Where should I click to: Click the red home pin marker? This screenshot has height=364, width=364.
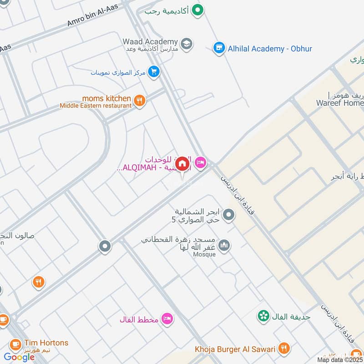pyautogui.click(x=182, y=163)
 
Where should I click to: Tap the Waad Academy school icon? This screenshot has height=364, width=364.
pyautogui.click(x=186, y=44)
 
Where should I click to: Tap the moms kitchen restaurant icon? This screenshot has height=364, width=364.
pyautogui.click(x=140, y=101)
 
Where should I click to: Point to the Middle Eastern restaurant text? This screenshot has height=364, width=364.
pyautogui.click(x=96, y=106)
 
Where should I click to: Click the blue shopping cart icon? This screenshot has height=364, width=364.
pyautogui.click(x=154, y=72)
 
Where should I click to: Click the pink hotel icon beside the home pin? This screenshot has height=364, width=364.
pyautogui.click(x=200, y=162)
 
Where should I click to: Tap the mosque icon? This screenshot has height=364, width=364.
pyautogui.click(x=224, y=246)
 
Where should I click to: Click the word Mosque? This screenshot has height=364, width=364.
pyautogui.click(x=204, y=254)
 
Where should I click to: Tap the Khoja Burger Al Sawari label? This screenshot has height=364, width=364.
pyautogui.click(x=235, y=349)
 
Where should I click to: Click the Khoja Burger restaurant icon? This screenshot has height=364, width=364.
pyautogui.click(x=284, y=349)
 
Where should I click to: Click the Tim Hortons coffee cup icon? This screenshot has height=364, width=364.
pyautogui.click(x=15, y=344)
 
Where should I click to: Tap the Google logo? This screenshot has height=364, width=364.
pyautogui.click(x=19, y=357)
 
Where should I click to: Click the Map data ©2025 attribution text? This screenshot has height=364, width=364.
pyautogui.click(x=340, y=360)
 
